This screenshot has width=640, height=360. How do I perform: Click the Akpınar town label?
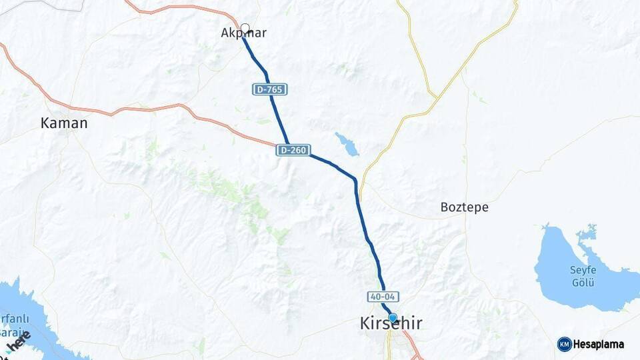pos(243,33)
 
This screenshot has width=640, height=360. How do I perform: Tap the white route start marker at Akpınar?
pos(245,29)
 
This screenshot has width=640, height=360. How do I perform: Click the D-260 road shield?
pos(293,151)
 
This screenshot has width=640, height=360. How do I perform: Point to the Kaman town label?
pos(64,123)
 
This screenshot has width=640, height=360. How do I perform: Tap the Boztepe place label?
pos(464,207)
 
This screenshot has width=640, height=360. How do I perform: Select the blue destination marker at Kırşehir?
pos(393,318)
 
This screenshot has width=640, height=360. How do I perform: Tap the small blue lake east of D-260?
pos(346,143)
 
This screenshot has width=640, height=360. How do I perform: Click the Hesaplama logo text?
pos(599,345)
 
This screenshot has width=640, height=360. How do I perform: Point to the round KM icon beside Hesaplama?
pos(564,345)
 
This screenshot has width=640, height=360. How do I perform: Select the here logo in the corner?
pos(20,341)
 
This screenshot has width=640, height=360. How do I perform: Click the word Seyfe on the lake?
pos(582,269)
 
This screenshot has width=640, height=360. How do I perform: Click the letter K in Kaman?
pos(45,123)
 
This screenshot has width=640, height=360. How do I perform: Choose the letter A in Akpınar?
pos(225,33)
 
